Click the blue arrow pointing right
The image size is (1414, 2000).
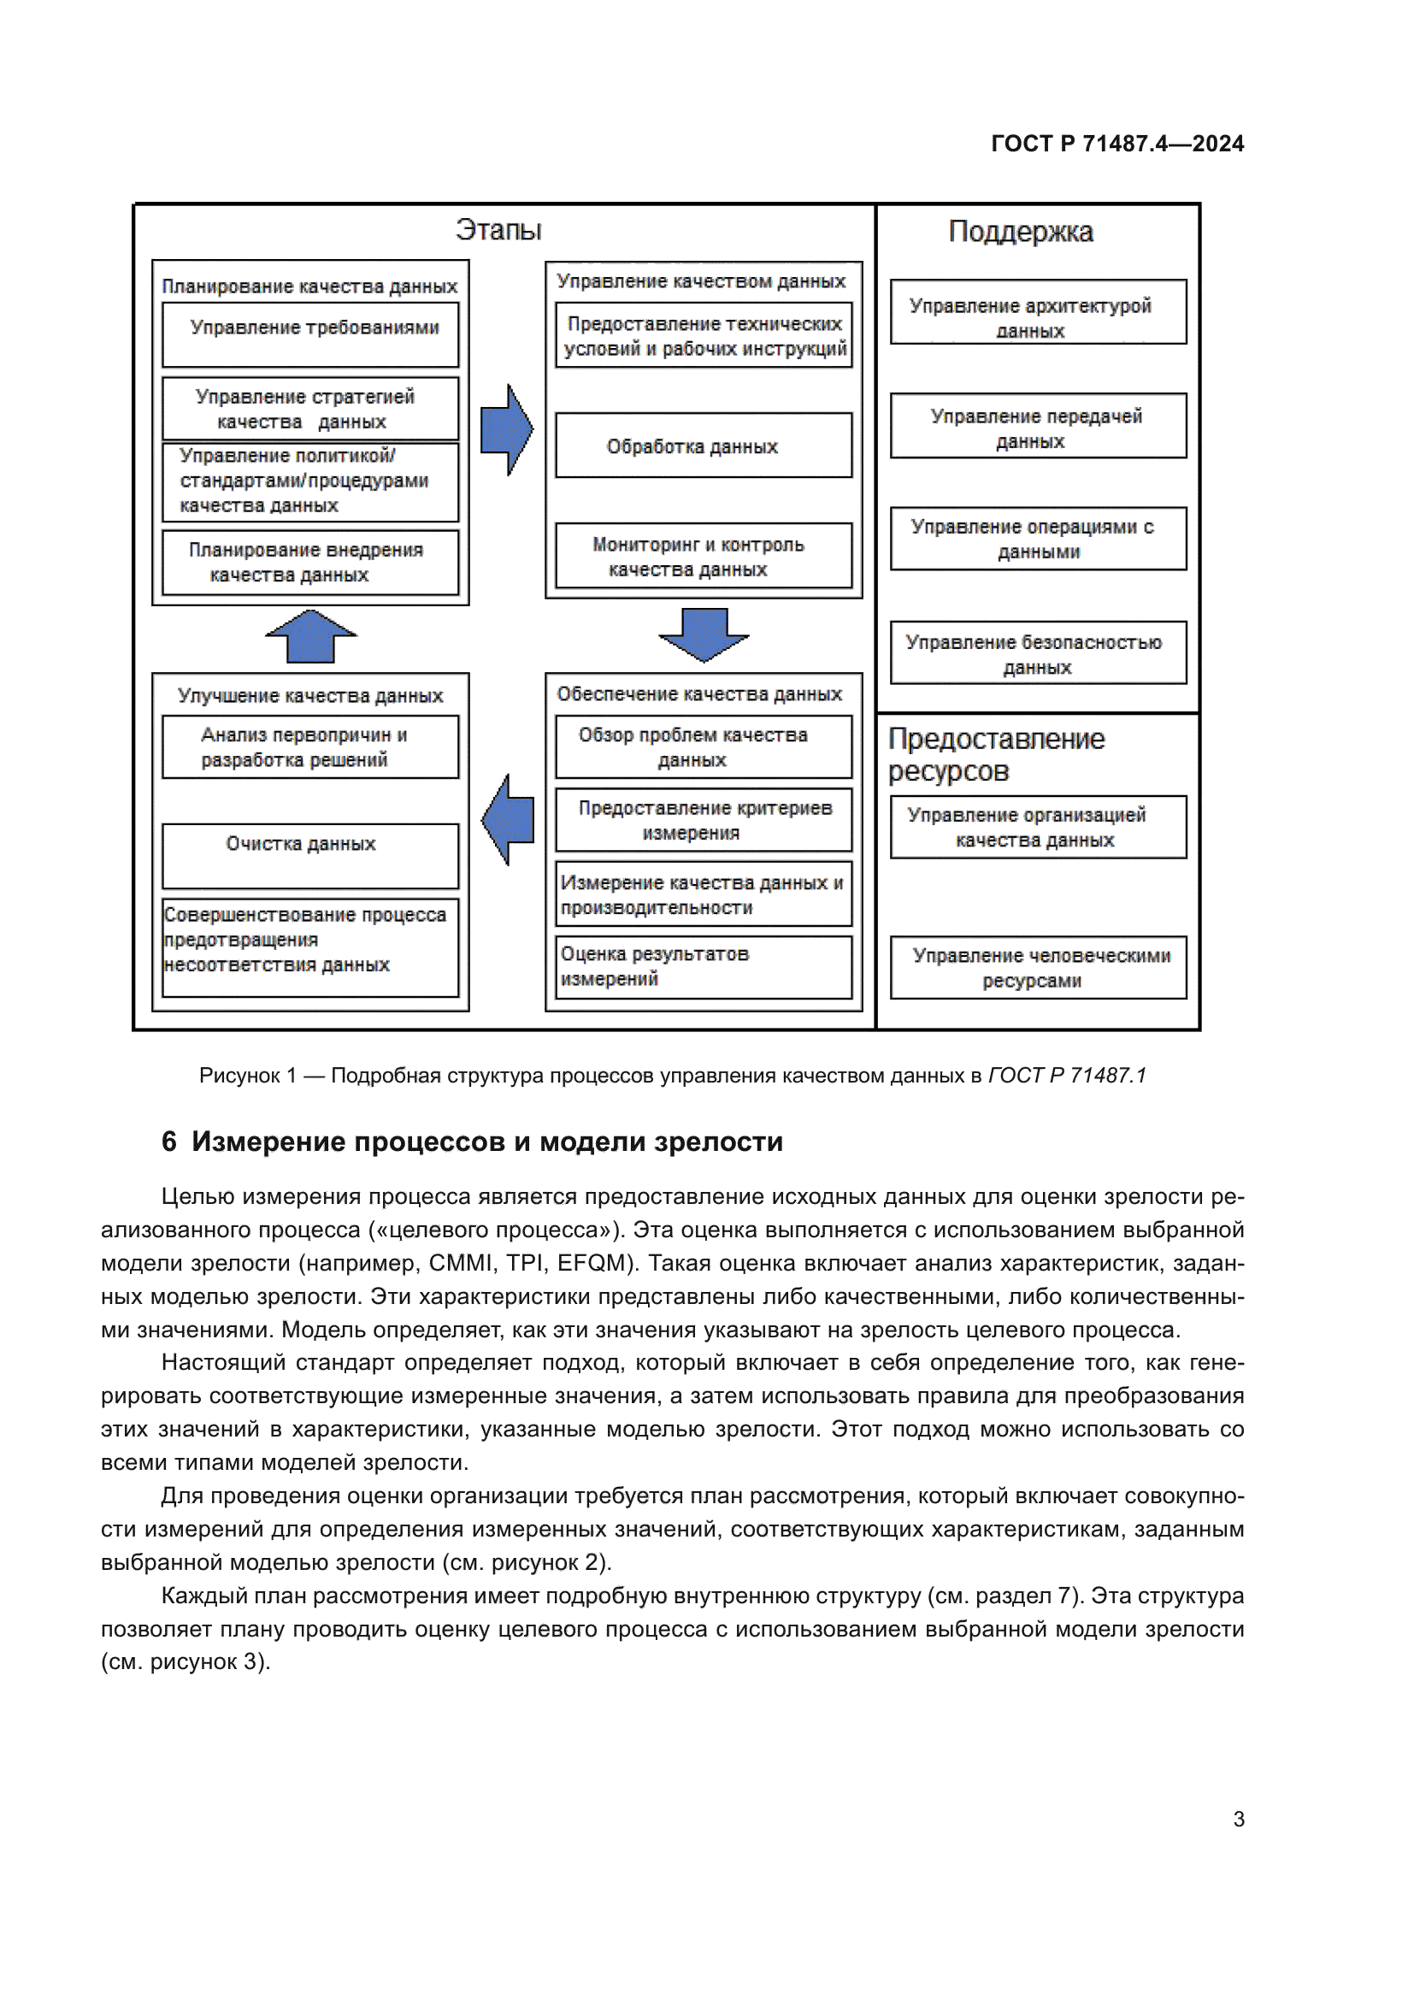tap(507, 429)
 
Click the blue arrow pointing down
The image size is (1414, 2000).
tap(704, 634)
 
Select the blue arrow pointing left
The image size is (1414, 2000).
tap(508, 820)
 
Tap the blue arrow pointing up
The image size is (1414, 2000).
tap(311, 636)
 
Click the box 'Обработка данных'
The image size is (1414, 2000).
tap(704, 445)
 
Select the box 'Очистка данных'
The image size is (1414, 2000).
tap(310, 855)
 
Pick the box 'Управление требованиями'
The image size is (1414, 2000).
tap(310, 334)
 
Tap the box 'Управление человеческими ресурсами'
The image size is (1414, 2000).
tap(1038, 967)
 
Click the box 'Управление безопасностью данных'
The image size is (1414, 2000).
tap(1038, 653)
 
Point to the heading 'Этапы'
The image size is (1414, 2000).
tap(498, 230)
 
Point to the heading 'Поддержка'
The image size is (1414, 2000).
tap(1021, 232)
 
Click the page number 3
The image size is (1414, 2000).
tap(1238, 1819)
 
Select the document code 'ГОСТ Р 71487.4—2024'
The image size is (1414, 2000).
tap(1117, 144)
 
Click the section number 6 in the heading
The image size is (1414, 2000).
tap(169, 1142)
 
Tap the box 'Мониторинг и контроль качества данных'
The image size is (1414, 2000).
tap(704, 556)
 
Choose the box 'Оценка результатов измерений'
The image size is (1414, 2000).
tap(704, 967)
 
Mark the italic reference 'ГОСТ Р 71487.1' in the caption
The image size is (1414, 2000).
tap(1067, 1076)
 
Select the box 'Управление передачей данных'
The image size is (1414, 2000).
tap(1038, 426)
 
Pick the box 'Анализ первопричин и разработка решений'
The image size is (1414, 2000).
tap(310, 746)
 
